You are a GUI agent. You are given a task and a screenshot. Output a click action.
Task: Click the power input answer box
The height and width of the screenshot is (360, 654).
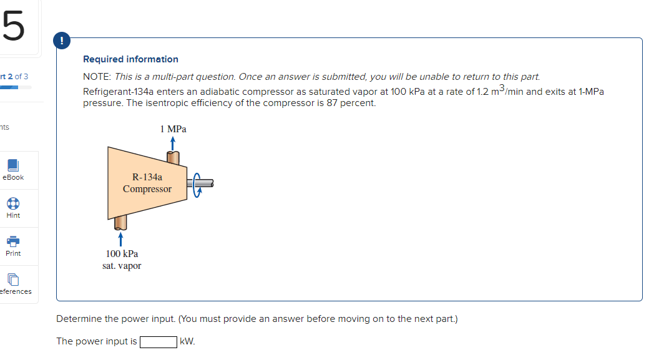(158, 341)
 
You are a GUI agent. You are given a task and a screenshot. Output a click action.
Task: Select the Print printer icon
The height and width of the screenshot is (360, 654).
(12, 241)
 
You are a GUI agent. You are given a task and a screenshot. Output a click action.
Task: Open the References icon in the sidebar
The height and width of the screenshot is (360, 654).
(12, 280)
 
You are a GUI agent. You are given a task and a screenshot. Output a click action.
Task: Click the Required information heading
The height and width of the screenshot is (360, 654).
(130, 59)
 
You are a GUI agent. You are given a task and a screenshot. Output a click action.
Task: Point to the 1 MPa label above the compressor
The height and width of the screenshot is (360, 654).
(173, 129)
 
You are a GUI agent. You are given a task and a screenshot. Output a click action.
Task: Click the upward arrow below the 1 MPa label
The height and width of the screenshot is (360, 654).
(173, 144)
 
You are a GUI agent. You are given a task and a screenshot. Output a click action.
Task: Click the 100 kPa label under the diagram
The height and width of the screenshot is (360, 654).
(122, 254)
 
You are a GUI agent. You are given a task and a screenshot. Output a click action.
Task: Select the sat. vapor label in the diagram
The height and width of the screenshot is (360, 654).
(122, 266)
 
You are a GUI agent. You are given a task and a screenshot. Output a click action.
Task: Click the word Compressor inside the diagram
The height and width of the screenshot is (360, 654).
(147, 188)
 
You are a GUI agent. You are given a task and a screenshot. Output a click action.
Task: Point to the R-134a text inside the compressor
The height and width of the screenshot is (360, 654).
(147, 177)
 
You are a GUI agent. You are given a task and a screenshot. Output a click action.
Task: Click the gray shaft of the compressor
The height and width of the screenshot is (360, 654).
(206, 183)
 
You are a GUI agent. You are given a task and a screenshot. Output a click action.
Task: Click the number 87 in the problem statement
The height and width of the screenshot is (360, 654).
(336, 103)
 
